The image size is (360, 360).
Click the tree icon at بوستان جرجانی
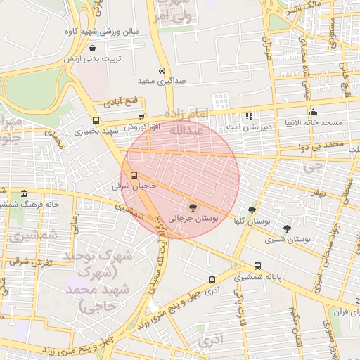pos(191,207)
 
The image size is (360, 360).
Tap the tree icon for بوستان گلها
pos(252,210)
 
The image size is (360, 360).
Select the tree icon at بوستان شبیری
pos(286,228)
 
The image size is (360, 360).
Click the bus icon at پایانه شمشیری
pos(257,266)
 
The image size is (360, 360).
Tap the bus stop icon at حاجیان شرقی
pos(134,176)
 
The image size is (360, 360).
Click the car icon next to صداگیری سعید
pos(162,71)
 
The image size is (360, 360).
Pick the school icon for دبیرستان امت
pos(248,116)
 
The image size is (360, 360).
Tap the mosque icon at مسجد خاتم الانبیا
pos(313,112)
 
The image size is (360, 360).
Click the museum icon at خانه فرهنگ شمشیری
pos(25,193)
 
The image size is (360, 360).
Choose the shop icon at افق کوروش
pos(141,117)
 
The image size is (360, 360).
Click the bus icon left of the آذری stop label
pos(212,279)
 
